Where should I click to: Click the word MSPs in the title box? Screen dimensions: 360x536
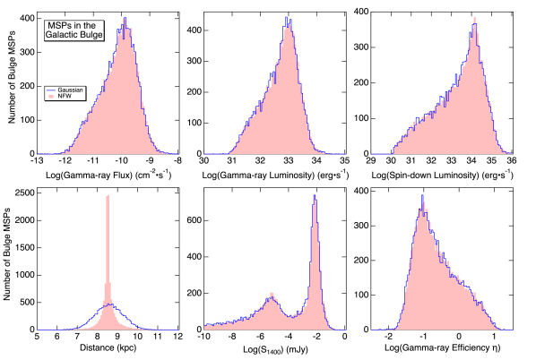(58, 25)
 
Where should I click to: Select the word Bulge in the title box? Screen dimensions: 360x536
(91, 35)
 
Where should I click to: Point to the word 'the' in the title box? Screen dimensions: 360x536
(92, 25)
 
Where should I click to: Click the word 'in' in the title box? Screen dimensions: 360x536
(78, 25)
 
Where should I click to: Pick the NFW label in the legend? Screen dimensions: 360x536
(64, 96)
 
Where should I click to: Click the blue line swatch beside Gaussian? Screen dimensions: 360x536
(50, 90)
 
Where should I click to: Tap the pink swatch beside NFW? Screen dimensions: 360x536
(50, 96)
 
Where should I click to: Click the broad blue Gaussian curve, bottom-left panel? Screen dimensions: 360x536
(125, 314)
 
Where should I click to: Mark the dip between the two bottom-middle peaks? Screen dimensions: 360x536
(292, 314)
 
